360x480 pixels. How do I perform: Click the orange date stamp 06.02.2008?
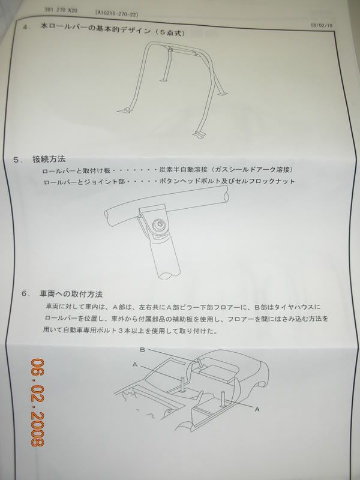(x=37, y=402)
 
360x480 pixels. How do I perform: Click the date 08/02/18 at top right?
(x=322, y=26)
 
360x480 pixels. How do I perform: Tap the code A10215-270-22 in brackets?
(x=116, y=14)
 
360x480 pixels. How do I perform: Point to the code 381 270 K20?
(x=61, y=10)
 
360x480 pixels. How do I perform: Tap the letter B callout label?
(x=142, y=349)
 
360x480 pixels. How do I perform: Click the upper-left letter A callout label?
(x=135, y=364)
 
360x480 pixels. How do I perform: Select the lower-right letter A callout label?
(x=257, y=409)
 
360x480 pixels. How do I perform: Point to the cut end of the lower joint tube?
(x=166, y=274)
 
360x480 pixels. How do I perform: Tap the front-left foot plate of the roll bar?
(x=125, y=109)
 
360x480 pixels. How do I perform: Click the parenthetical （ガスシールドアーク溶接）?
(x=253, y=170)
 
